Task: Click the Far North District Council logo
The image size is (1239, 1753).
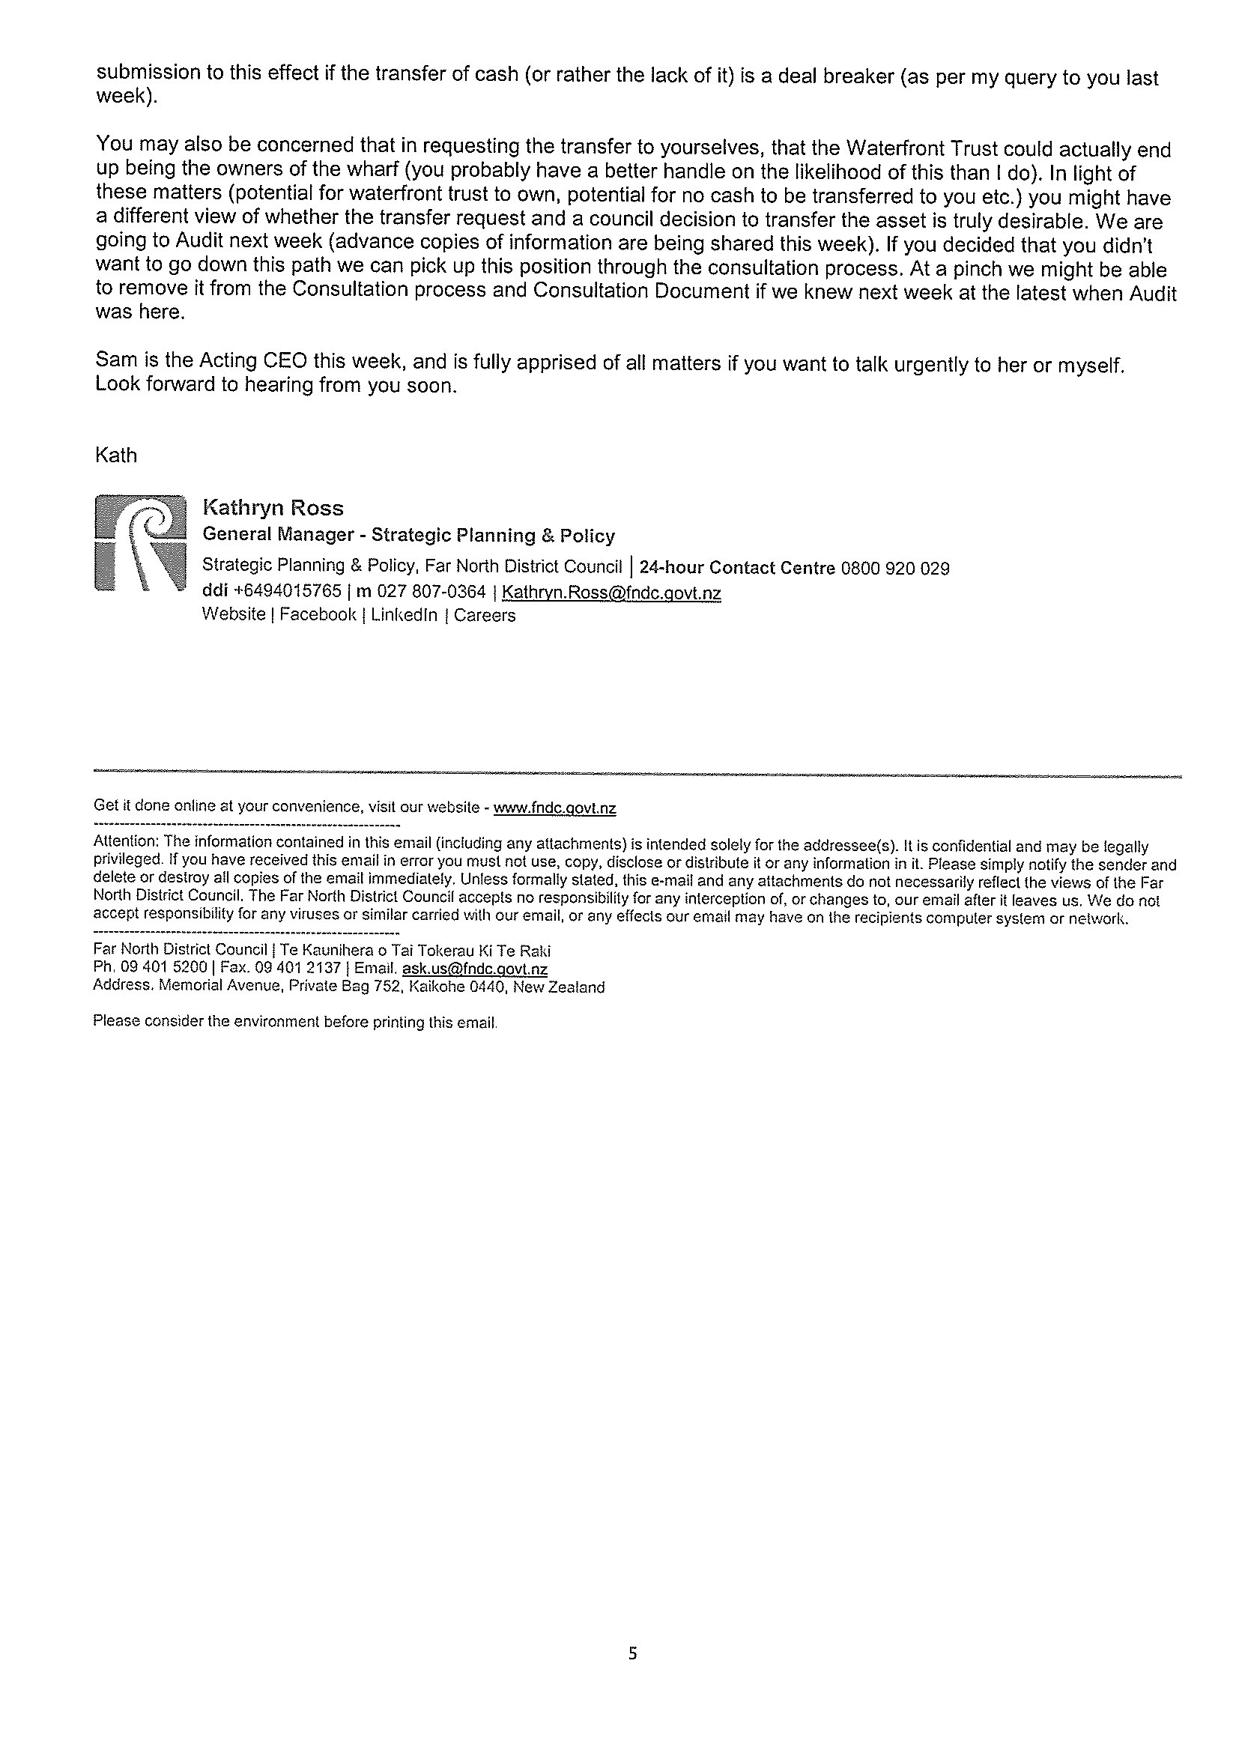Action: click(141, 544)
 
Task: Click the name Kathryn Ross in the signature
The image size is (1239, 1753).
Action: click(273, 508)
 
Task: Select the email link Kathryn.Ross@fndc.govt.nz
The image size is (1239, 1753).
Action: click(611, 593)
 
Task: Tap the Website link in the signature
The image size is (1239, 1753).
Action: click(234, 614)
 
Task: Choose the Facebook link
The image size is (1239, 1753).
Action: click(318, 614)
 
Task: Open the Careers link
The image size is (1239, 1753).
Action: click(485, 615)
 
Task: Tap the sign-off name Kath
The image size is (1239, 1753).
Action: click(116, 455)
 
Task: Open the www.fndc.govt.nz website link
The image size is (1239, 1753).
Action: click(555, 808)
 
